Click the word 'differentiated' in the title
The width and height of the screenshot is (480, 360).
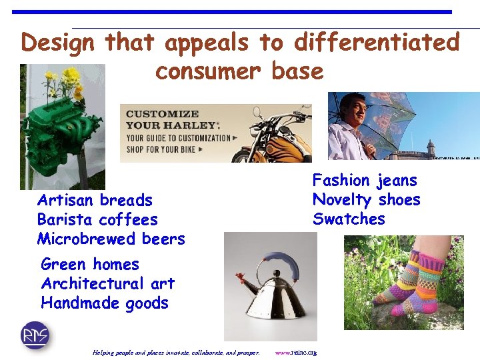[x=377, y=43]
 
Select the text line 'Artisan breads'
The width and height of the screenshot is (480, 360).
[x=95, y=200]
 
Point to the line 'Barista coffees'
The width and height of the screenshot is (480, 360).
[x=97, y=219]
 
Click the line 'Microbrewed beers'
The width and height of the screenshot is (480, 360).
[x=111, y=239]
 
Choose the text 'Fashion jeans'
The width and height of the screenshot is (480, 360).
[x=365, y=180]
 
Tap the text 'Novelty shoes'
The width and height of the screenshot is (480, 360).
[x=366, y=199]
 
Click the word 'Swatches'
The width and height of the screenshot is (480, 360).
[x=349, y=219]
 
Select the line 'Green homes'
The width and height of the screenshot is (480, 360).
[x=89, y=264]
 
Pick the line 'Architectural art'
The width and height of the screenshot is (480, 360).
[x=107, y=283]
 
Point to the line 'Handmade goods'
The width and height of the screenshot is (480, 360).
[x=104, y=303]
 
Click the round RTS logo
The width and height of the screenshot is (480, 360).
[x=35, y=335]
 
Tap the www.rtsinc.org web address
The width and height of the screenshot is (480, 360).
[x=295, y=352]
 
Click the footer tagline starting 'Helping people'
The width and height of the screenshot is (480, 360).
[x=176, y=352]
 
